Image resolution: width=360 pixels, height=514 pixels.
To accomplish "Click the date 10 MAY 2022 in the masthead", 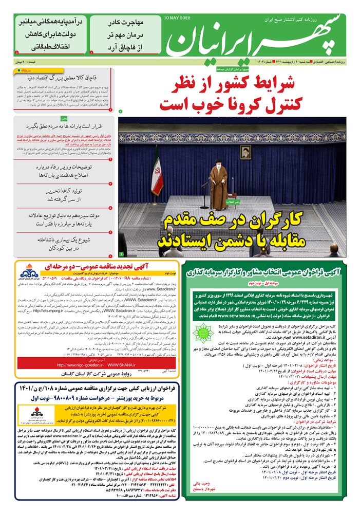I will tap(177, 18).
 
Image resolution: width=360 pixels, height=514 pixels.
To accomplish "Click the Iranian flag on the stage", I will tap(157, 172).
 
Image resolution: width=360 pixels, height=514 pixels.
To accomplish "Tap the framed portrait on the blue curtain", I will tap(245, 152).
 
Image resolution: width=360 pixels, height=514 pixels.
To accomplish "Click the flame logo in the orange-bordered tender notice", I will tap(26, 272).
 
